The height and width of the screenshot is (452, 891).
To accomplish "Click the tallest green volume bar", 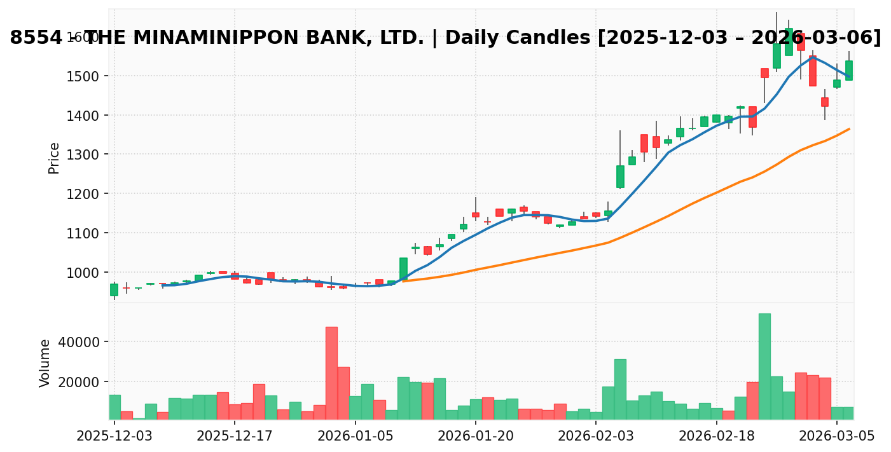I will click(x=764, y=366).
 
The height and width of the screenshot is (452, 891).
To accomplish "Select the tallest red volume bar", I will click(x=331, y=373).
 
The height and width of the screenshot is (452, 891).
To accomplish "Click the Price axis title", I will click(x=54, y=158).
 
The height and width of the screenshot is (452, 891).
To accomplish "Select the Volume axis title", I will click(x=45, y=363).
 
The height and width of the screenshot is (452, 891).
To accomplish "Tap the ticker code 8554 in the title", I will click(x=36, y=38).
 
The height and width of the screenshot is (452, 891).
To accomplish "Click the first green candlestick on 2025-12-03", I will click(x=114, y=290).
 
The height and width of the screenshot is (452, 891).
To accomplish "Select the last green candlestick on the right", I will click(x=848, y=70).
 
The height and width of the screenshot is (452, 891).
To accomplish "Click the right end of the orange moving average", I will click(x=849, y=129).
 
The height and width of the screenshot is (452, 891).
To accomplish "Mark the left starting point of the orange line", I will click(x=403, y=281).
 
